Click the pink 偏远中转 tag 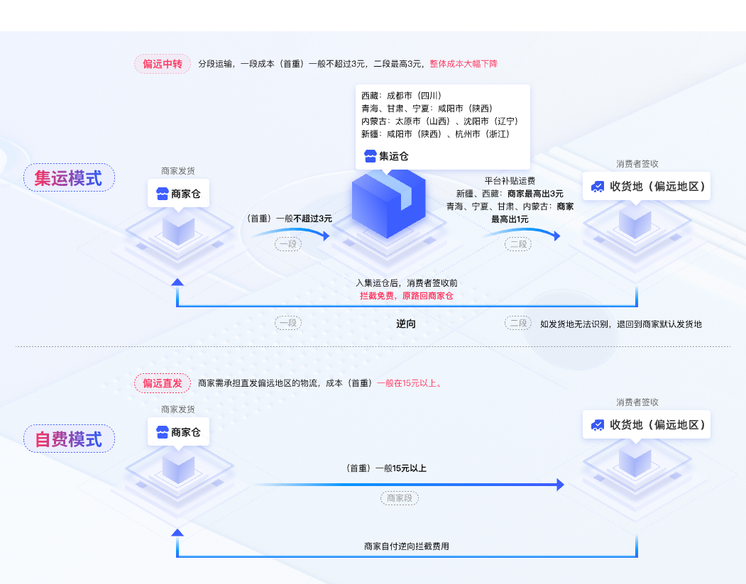tap(163, 64)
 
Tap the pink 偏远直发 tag tap(163, 383)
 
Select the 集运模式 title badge tap(69, 177)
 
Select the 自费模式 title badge tap(69, 439)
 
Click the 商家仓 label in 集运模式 tap(178, 193)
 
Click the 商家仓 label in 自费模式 tap(178, 432)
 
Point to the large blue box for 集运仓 tap(388, 202)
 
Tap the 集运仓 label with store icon tap(387, 156)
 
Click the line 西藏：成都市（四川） tap(401, 95)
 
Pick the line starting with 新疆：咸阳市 tap(435, 133)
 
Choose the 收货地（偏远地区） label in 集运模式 tap(648, 187)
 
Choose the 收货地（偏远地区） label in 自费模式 tap(648, 424)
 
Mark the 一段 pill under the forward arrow tap(288, 244)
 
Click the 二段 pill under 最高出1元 tap(518, 244)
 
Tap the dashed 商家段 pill tap(400, 498)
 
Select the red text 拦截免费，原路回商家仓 tap(406, 295)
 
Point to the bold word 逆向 tap(406, 324)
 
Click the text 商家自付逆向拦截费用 tap(406, 546)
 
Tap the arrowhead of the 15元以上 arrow tap(560, 485)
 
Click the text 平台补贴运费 tap(510, 180)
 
